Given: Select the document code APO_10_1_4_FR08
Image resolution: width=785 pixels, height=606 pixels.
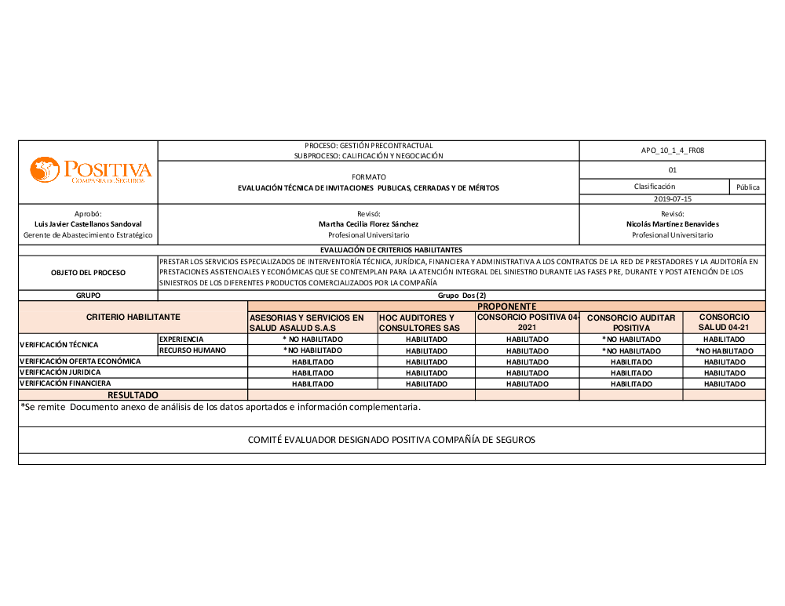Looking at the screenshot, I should (x=672, y=151).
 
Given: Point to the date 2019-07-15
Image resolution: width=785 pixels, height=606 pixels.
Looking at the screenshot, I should (x=672, y=199).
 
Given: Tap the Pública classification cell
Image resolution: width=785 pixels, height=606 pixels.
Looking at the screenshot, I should (x=747, y=187).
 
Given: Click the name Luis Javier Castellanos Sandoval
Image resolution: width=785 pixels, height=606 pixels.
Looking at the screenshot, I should (x=88, y=224).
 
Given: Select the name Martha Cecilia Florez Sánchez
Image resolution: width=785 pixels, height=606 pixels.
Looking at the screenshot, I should (x=368, y=224).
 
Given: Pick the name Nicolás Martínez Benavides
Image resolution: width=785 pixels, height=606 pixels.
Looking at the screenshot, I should (x=672, y=224).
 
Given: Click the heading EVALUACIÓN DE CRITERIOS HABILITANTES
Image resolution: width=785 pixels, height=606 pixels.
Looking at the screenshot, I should (x=391, y=249).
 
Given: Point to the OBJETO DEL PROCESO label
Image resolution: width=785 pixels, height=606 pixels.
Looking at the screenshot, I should (x=88, y=273).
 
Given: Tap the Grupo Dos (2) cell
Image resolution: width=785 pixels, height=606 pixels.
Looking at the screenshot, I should (x=462, y=296).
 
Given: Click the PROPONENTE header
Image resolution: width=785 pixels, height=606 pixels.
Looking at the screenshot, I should (x=506, y=306).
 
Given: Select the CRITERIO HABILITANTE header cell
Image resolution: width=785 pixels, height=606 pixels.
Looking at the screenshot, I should (x=133, y=317).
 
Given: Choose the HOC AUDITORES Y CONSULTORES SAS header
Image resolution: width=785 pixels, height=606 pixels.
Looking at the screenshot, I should (x=426, y=322).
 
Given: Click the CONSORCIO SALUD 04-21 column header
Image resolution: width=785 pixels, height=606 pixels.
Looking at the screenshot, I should (x=724, y=322).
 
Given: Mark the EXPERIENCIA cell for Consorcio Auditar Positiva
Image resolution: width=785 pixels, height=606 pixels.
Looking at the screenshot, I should (x=631, y=339).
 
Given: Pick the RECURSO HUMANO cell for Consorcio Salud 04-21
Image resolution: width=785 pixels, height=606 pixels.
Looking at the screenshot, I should (x=724, y=350).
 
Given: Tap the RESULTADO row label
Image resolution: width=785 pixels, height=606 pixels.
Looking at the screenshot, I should (x=133, y=395).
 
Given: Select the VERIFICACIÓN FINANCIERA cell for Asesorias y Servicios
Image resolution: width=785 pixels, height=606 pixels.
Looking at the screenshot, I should (x=312, y=384).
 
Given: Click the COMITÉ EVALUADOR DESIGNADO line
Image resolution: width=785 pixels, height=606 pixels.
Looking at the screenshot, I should (x=391, y=440).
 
